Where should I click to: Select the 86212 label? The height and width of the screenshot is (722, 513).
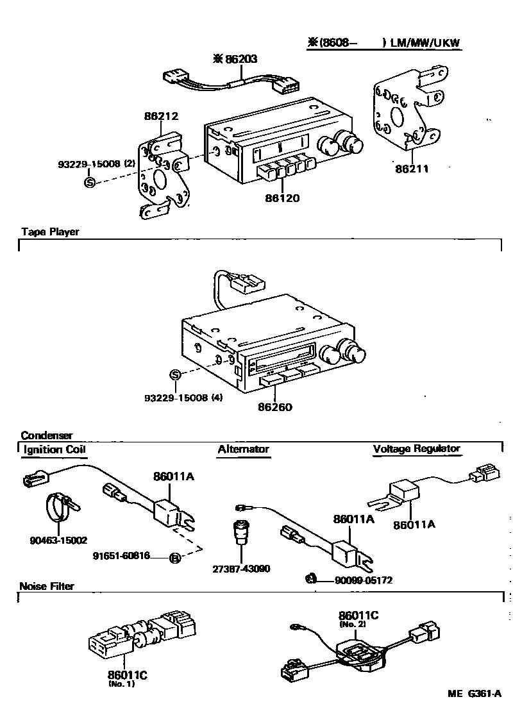pyautogui.click(x=161, y=116)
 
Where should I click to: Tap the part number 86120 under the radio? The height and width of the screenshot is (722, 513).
pyautogui.click(x=282, y=198)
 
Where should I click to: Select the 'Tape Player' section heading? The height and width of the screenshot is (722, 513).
pyautogui.click(x=50, y=231)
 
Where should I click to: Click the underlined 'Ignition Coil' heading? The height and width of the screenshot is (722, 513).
pyautogui.click(x=54, y=449)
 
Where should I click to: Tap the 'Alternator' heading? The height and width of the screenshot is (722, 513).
pyautogui.click(x=243, y=449)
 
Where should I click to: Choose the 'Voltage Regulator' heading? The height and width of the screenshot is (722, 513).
pyautogui.click(x=417, y=449)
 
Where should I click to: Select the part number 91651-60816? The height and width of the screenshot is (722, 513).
pyautogui.click(x=122, y=556)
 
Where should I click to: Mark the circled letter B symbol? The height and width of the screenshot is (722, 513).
pyautogui.click(x=174, y=558)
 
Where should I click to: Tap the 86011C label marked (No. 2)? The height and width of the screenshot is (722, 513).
pyautogui.click(x=359, y=616)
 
